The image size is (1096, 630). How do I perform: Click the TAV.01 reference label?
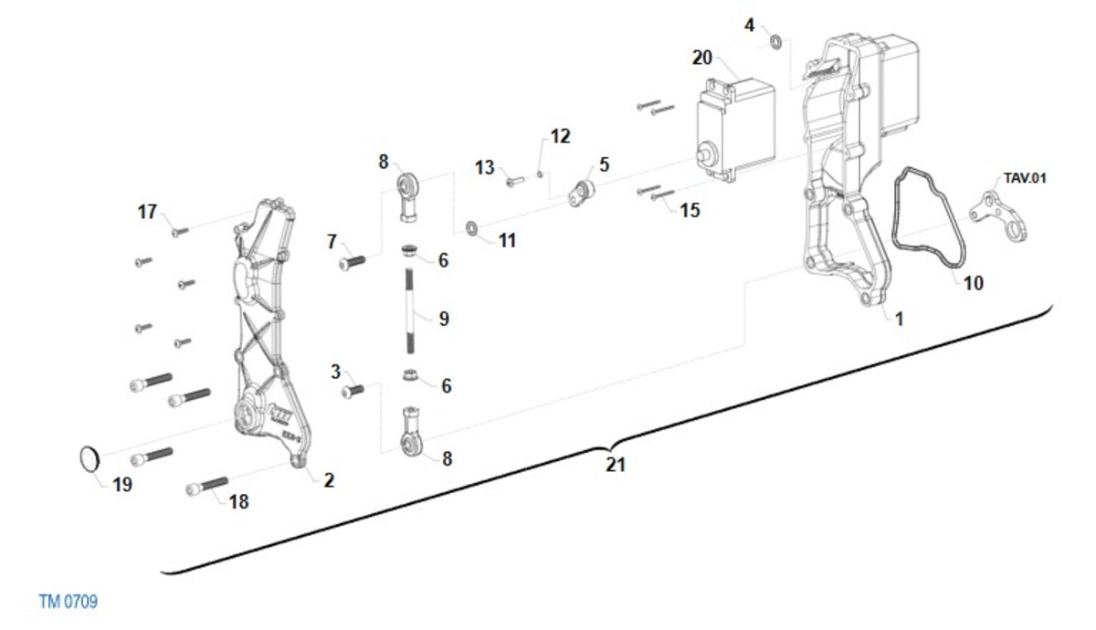pyautogui.click(x=1025, y=178)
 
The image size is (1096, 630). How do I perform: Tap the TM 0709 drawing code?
pyautogui.click(x=68, y=602)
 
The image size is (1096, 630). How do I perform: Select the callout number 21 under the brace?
pyautogui.click(x=616, y=465)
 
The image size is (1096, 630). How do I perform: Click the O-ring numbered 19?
pyautogui.click(x=88, y=459)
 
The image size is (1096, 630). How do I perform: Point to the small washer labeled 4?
pyautogui.click(x=775, y=41)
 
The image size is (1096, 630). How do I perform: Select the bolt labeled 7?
pyautogui.click(x=352, y=263)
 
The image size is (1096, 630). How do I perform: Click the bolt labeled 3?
pyautogui.click(x=352, y=392)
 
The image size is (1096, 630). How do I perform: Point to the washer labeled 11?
pyautogui.click(x=471, y=226)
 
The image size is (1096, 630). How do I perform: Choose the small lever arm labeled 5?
pyautogui.click(x=582, y=193)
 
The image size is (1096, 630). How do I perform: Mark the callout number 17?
pyautogui.click(x=147, y=212)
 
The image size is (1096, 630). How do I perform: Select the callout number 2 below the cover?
pyautogui.click(x=328, y=480)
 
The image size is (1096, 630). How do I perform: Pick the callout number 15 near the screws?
pyautogui.click(x=690, y=210)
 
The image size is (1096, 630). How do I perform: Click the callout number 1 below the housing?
pyautogui.click(x=899, y=319)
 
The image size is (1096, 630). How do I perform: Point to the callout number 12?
pyautogui.click(x=560, y=136)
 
